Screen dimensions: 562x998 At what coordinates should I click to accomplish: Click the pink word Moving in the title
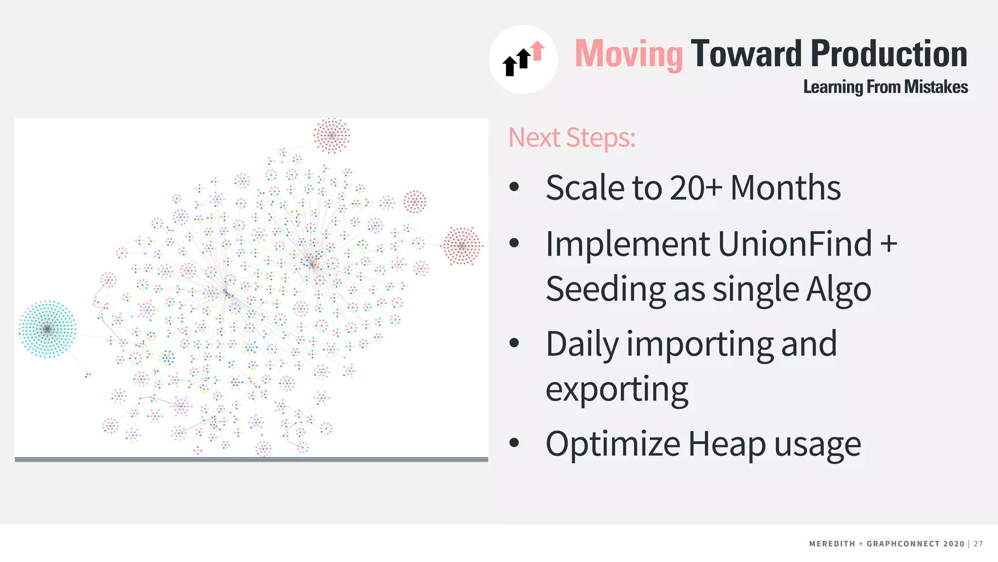(629, 54)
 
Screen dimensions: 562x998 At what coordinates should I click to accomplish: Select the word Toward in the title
(746, 54)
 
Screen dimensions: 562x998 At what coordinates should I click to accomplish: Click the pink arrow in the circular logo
(537, 50)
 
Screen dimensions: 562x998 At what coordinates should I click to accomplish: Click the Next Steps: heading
(572, 138)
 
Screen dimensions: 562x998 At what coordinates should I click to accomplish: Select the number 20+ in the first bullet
(695, 188)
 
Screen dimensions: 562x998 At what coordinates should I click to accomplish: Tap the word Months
(786, 188)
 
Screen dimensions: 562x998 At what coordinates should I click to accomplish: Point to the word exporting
(616, 390)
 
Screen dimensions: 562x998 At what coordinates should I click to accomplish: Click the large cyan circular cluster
(47, 329)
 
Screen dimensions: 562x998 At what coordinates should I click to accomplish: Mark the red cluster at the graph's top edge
(331, 135)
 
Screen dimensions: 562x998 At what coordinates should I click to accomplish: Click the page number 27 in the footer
(979, 544)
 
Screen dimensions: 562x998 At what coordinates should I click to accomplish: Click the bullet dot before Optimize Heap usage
(514, 442)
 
